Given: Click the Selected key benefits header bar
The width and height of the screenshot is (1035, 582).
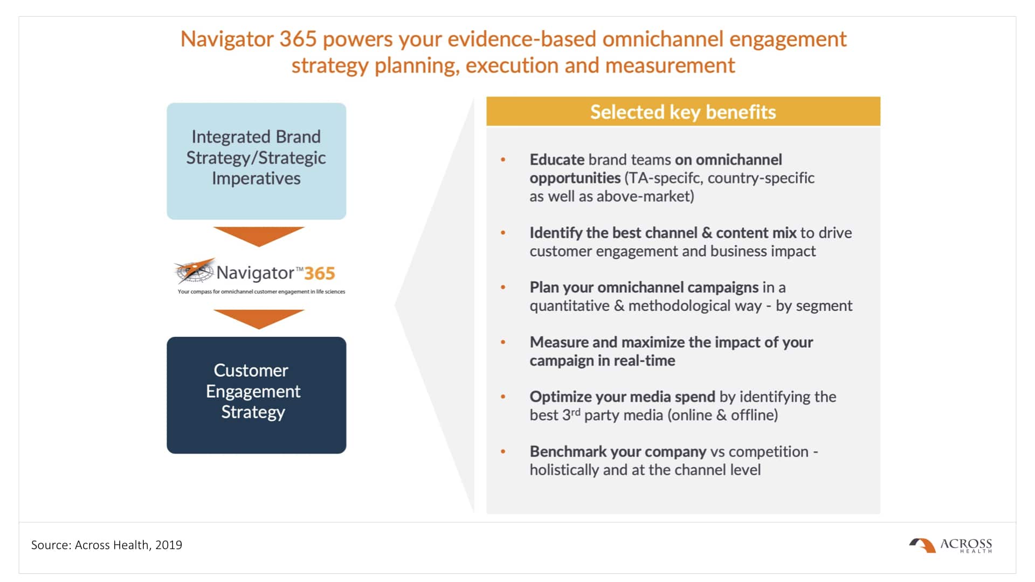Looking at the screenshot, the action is coord(683,112).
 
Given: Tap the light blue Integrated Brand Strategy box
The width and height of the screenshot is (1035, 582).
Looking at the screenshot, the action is coord(257,161).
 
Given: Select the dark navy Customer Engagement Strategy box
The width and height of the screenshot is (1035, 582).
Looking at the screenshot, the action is coord(257,395).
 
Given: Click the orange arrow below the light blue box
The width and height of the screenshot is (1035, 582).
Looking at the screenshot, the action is coord(259,236).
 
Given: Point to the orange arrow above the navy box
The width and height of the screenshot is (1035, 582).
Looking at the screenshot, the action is coord(259,319).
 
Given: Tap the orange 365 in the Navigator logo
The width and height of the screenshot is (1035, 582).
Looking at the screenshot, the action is coord(320,273).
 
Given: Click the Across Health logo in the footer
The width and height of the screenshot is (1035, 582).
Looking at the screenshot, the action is coord(950,545).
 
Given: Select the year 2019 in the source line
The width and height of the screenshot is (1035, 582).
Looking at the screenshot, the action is coord(169,545).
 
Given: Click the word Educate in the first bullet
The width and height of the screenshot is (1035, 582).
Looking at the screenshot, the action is coord(557,160).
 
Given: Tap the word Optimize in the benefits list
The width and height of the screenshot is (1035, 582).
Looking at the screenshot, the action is coord(561,397).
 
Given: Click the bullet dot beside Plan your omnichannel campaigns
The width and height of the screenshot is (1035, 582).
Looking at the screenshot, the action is coord(503,287).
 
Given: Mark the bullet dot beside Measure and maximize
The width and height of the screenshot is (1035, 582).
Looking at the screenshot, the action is coord(503,342).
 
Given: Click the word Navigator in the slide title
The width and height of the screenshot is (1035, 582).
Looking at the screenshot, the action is coord(226,39).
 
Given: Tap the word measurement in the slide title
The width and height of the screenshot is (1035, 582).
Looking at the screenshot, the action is coord(670,65).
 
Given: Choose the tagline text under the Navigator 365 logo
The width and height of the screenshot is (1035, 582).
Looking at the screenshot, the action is coord(261,292).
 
